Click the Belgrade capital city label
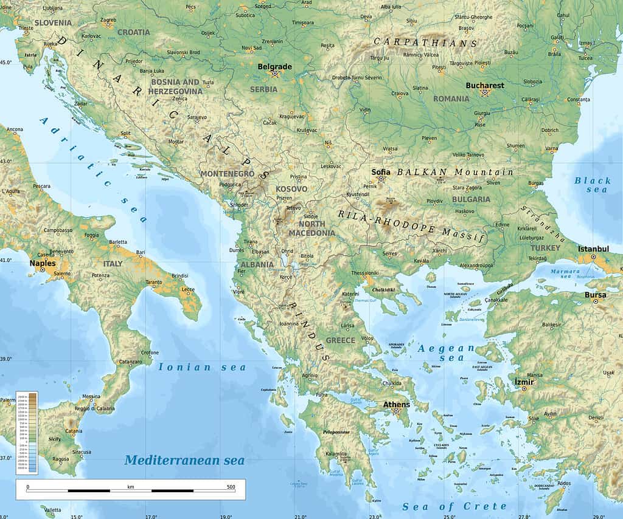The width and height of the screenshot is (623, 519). (274, 67)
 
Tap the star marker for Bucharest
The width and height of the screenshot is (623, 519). (485, 93)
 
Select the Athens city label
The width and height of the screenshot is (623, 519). (396, 404)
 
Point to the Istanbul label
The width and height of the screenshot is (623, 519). (593, 249)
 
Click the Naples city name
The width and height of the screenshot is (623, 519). (43, 263)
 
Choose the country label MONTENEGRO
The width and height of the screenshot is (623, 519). (227, 174)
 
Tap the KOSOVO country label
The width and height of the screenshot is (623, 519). (291, 189)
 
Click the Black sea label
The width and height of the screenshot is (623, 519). (592, 185)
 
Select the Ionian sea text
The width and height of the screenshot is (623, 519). (202, 367)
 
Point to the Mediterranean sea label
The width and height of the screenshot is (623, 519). (184, 460)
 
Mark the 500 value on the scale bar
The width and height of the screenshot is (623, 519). (231, 487)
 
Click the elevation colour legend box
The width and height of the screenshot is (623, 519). (27, 432)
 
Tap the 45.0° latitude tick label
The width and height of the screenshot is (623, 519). (5, 63)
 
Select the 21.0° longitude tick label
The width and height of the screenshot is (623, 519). (301, 516)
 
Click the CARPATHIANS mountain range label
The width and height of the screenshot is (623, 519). (425, 43)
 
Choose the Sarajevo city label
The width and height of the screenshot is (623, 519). (197, 117)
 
